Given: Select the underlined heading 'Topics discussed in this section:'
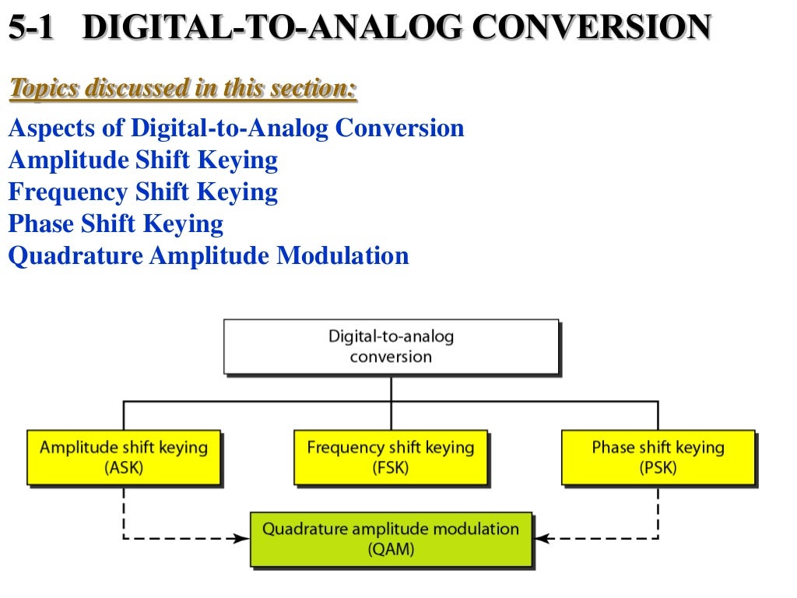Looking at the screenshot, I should point(183,89).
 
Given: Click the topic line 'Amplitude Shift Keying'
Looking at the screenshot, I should point(142,160).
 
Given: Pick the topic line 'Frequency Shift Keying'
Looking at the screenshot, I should point(142,192).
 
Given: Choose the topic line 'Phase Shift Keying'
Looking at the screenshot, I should point(115,224).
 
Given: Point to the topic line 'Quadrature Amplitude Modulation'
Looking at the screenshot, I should point(208,256).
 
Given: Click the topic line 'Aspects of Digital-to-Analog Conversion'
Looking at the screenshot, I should point(236,128).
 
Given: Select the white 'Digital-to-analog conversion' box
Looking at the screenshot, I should point(391,346).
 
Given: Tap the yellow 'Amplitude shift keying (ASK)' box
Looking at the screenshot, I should point(124,457).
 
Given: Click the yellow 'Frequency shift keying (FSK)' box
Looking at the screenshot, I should point(391,457).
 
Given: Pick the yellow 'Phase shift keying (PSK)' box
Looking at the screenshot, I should point(658,457).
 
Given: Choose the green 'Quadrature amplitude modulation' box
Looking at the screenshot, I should point(391,539).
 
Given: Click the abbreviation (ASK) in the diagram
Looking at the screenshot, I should point(124,469).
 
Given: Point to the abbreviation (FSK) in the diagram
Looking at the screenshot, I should point(391,469).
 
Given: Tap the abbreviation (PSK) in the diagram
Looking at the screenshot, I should point(658,469).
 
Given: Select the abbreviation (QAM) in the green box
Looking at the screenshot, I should point(391,550).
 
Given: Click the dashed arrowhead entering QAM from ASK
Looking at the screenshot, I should point(242,538).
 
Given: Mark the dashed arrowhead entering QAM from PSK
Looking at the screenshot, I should point(540,538).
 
